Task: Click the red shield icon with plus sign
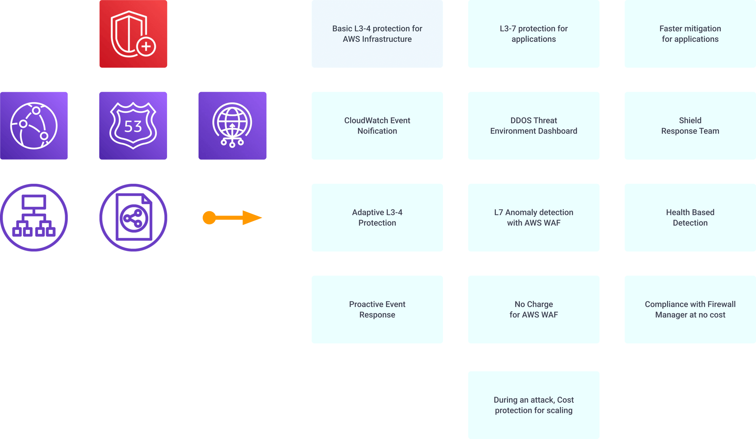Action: pyautogui.click(x=133, y=34)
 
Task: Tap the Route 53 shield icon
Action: pyautogui.click(x=133, y=126)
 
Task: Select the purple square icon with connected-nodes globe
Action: pyautogui.click(x=34, y=126)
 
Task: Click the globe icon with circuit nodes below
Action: pyautogui.click(x=232, y=126)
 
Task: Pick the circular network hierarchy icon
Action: pyautogui.click(x=34, y=217)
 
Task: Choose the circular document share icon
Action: pyautogui.click(x=133, y=217)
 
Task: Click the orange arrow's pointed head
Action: pyautogui.click(x=252, y=218)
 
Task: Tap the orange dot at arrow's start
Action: pyautogui.click(x=209, y=218)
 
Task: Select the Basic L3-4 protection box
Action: pyautogui.click(x=377, y=34)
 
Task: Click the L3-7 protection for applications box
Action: pyautogui.click(x=533, y=34)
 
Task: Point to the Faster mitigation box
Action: pyautogui.click(x=690, y=34)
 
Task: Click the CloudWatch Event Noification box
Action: pyautogui.click(x=377, y=126)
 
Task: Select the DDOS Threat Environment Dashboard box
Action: pyautogui.click(x=533, y=126)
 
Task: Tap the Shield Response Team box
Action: pyautogui.click(x=690, y=126)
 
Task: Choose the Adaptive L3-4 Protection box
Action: pyautogui.click(x=377, y=217)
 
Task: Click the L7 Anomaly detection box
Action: pyautogui.click(x=533, y=217)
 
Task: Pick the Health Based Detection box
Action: pyautogui.click(x=690, y=217)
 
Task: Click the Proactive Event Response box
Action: pyautogui.click(x=377, y=309)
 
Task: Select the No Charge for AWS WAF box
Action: pyautogui.click(x=533, y=309)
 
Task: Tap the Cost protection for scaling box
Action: pyautogui.click(x=533, y=405)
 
